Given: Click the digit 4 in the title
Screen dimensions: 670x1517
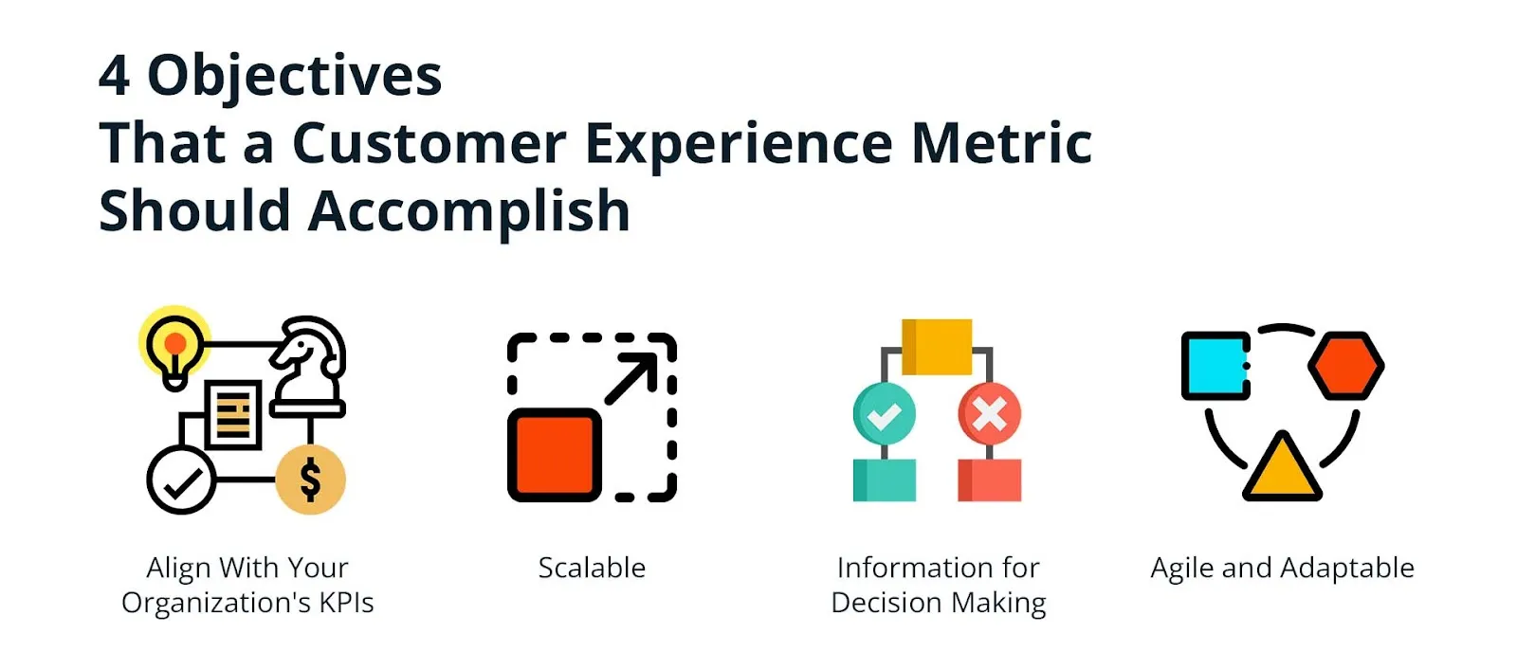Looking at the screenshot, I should pyautogui.click(x=114, y=75).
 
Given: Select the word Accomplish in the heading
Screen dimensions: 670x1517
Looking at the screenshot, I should pyautogui.click(x=469, y=211).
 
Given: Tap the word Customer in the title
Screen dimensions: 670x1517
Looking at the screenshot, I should pyautogui.click(x=429, y=143).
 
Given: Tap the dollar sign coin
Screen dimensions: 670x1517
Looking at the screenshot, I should pyautogui.click(x=310, y=480).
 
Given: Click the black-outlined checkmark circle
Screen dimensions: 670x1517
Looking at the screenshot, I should pyautogui.click(x=180, y=480).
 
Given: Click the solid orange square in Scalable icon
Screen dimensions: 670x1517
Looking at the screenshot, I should pyautogui.click(x=555, y=455).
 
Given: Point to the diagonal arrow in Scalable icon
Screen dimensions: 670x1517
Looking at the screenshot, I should pyautogui.click(x=631, y=378).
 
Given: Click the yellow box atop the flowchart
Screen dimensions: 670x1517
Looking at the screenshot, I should pyautogui.click(x=937, y=346).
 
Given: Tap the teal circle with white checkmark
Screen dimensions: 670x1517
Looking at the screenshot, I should pyautogui.click(x=884, y=414).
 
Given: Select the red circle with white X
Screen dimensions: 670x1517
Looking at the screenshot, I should pyautogui.click(x=989, y=414).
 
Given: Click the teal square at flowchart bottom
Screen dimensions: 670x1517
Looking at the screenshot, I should pyautogui.click(x=884, y=480).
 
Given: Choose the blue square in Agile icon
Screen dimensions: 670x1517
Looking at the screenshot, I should pyautogui.click(x=1215, y=365).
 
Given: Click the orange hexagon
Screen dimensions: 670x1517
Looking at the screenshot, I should pyautogui.click(x=1345, y=365).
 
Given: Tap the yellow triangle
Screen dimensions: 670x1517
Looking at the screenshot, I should pyautogui.click(x=1282, y=469).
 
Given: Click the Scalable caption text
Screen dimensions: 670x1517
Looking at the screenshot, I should pyautogui.click(x=592, y=568).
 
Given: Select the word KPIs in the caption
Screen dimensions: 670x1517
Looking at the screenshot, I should pyautogui.click(x=345, y=603).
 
